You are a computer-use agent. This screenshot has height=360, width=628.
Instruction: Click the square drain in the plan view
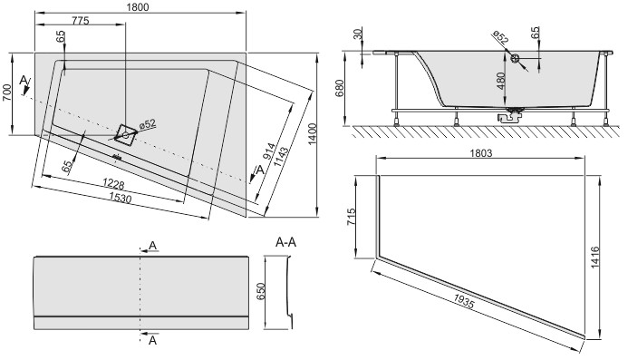pyautogui.click(x=128, y=132)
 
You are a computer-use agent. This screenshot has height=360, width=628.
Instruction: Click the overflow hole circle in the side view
pyautogui.click(x=515, y=59)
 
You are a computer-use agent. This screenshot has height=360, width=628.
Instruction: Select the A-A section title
pyautogui.click(x=287, y=241)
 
